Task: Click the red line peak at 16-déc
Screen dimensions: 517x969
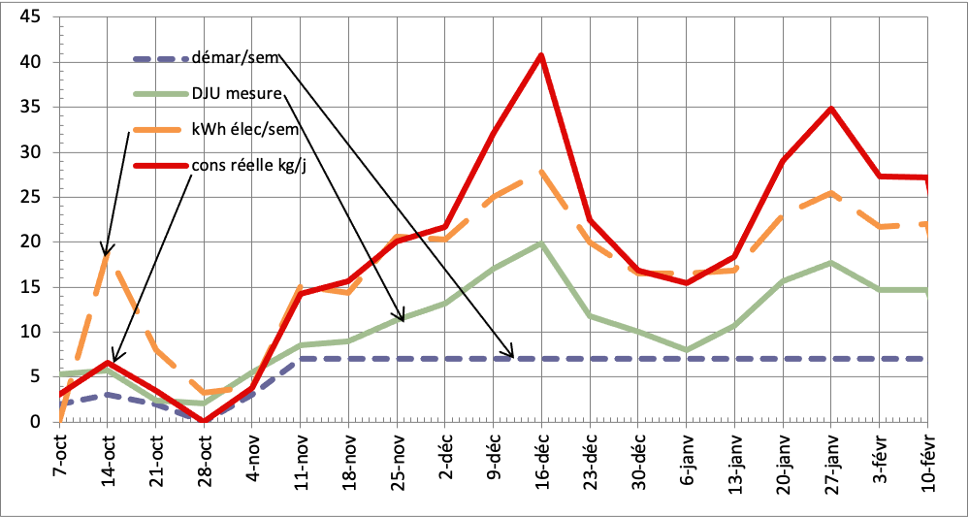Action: tap(541, 54)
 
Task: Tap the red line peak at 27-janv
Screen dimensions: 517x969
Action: tap(831, 108)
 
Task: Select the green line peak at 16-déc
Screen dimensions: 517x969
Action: tap(541, 243)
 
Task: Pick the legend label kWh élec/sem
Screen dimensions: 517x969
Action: tap(243, 129)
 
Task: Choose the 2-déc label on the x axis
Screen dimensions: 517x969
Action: tap(444, 456)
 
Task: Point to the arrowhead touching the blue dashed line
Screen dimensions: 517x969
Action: tap(510, 355)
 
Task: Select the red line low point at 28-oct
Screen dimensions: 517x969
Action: tap(204, 421)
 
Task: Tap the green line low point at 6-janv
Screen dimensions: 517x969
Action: tap(686, 349)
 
